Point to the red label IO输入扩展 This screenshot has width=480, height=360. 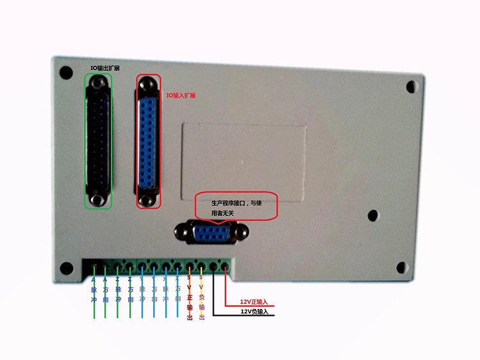pyautogui.click(x=181, y=95)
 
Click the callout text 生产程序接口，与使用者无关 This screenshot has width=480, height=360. pyautogui.click(x=236, y=207)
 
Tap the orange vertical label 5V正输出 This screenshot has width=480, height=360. pyautogui.click(x=189, y=297)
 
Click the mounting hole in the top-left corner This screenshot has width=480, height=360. pyautogui.click(x=64, y=72)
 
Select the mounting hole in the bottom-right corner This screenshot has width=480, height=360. pyautogui.click(x=401, y=267)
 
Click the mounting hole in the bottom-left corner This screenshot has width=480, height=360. pyautogui.click(x=63, y=268)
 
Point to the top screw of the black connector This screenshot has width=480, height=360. pyautogui.click(x=97, y=83)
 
